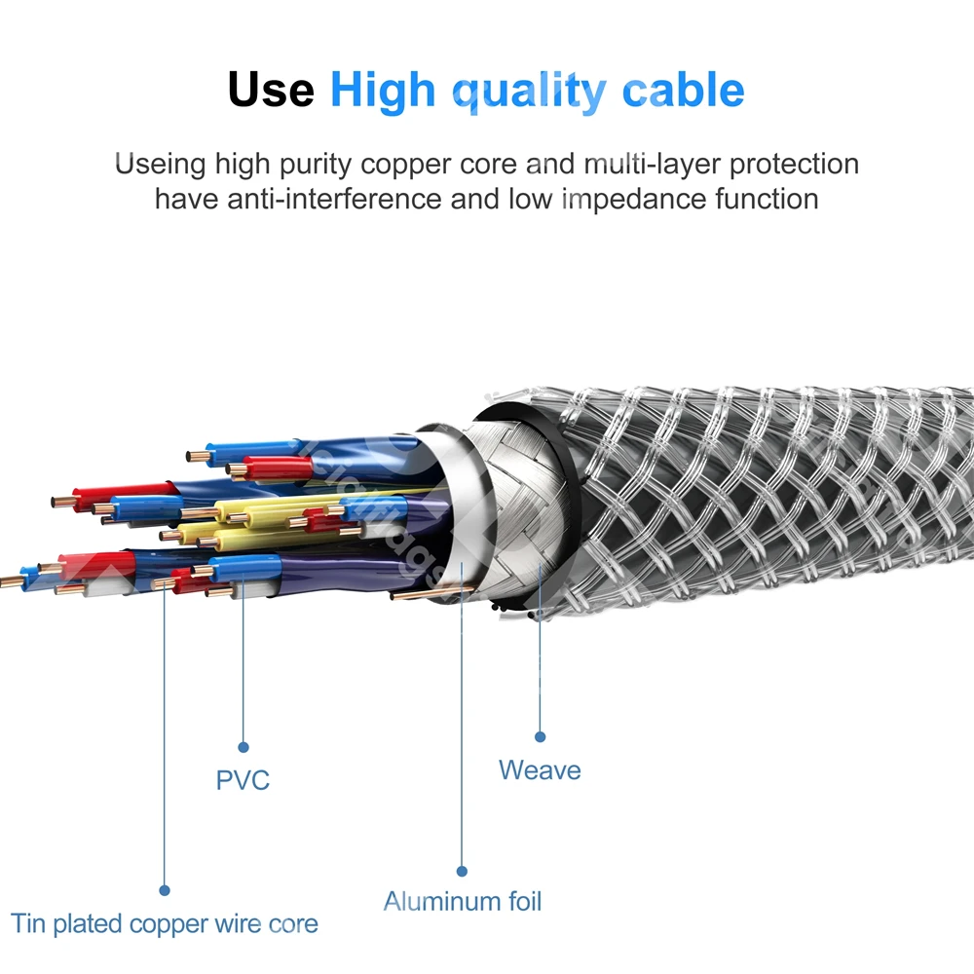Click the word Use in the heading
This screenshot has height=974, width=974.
pos(271,90)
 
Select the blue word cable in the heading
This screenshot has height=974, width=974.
pos(684,90)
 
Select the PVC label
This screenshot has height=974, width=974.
pos(243,780)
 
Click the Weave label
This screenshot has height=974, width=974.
pos(540,769)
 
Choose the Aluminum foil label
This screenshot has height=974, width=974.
pos(463,901)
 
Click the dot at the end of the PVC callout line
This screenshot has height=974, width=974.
pos(243,747)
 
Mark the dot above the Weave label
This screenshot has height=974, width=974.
pos(540,736)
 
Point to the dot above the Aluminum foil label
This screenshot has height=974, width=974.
pos(463,871)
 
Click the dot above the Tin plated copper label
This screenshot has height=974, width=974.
pos(165,890)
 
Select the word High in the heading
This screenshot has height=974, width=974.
pos(385,91)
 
